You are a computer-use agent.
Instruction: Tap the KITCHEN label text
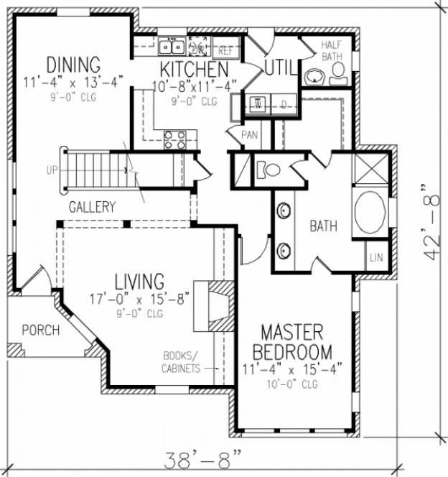click(194, 70)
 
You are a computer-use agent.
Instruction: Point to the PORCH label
click(40, 330)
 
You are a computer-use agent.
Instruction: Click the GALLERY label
click(92, 207)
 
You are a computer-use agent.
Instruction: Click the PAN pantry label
click(250, 134)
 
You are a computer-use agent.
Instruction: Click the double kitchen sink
click(172, 47)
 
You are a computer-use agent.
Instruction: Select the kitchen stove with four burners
click(176, 139)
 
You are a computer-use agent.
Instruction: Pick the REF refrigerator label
click(225, 50)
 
